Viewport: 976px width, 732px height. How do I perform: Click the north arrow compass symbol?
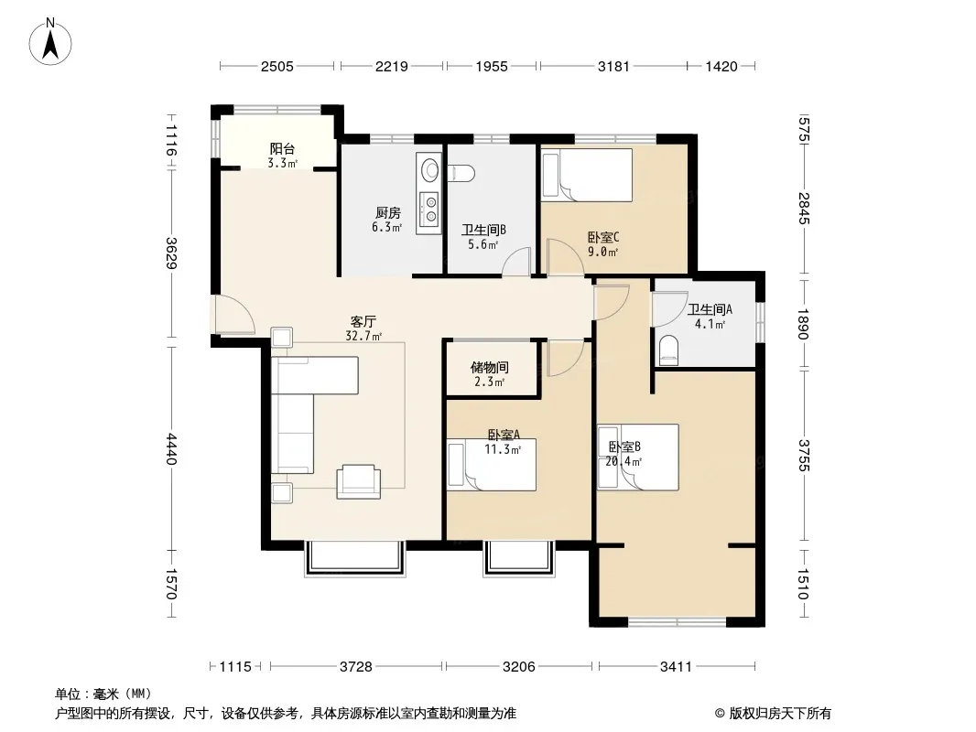[50, 42]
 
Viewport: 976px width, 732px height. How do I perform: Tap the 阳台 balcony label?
[282, 148]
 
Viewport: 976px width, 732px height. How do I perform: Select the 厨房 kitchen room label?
[388, 212]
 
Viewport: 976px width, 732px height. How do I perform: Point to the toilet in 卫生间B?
[461, 172]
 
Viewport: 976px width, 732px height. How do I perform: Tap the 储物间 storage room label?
[490, 367]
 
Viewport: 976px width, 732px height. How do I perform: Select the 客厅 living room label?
[363, 321]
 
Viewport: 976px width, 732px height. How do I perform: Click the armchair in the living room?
[359, 481]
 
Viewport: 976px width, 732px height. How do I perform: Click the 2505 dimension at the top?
[277, 66]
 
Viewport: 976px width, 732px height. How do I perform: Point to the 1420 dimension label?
[721, 66]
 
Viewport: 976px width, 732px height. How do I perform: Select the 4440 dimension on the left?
[172, 449]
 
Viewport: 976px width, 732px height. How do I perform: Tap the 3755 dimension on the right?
[804, 456]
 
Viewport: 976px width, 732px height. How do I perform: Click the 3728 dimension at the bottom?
[356, 667]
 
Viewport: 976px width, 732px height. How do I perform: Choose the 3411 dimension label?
[676, 667]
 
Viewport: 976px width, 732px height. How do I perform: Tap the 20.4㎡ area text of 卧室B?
[624, 461]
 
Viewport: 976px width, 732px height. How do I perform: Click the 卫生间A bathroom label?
[710, 309]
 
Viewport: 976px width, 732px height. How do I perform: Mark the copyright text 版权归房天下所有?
[780, 714]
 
